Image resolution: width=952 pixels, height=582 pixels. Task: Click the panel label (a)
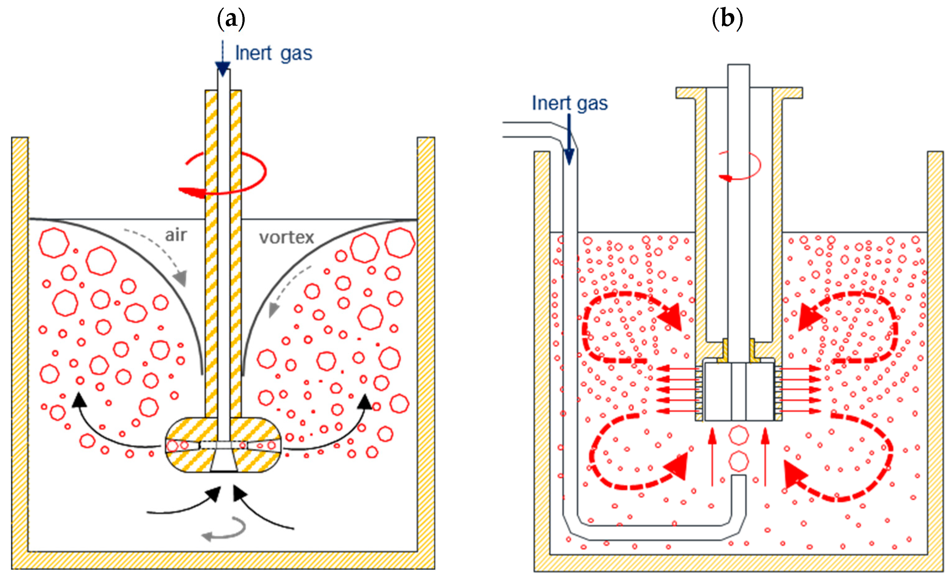[x=231, y=19]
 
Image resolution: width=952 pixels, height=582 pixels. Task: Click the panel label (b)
[x=727, y=19]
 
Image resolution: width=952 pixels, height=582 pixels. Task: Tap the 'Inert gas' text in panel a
[x=274, y=53]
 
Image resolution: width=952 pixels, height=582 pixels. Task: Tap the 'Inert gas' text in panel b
[x=570, y=103]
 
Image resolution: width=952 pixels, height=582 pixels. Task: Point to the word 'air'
[x=176, y=235]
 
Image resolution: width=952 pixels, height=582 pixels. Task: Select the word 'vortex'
[x=286, y=237]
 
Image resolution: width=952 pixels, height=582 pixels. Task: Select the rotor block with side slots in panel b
[x=738, y=391]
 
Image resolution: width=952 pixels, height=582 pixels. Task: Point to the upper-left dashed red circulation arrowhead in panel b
[x=670, y=317]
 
